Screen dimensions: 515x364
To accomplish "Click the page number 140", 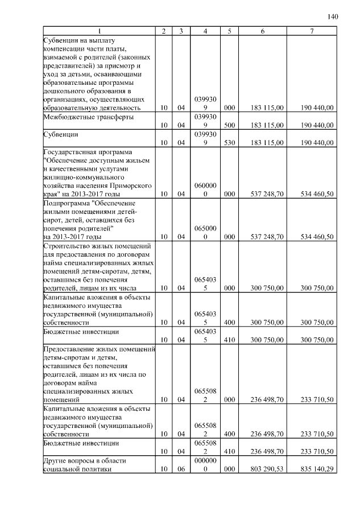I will (x=333, y=17).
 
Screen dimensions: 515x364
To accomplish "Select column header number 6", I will (x=262, y=31).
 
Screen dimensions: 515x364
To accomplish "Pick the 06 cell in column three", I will (x=180, y=469).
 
